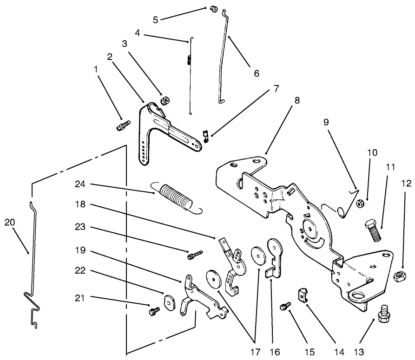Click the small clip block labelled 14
click(302, 295)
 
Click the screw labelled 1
click(123, 124)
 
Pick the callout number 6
click(257, 73)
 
